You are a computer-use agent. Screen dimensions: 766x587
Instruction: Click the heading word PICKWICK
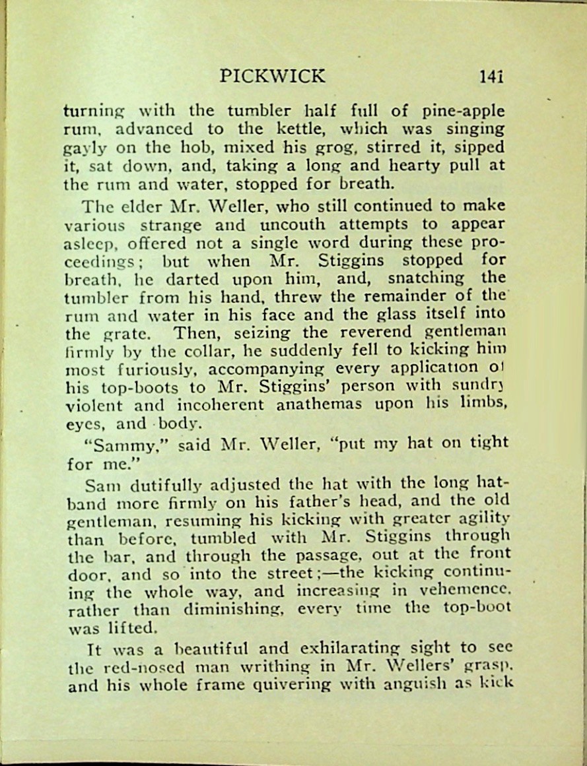coord(273,76)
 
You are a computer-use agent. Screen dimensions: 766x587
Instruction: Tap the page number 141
coord(492,77)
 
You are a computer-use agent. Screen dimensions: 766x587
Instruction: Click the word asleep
coord(87,242)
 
